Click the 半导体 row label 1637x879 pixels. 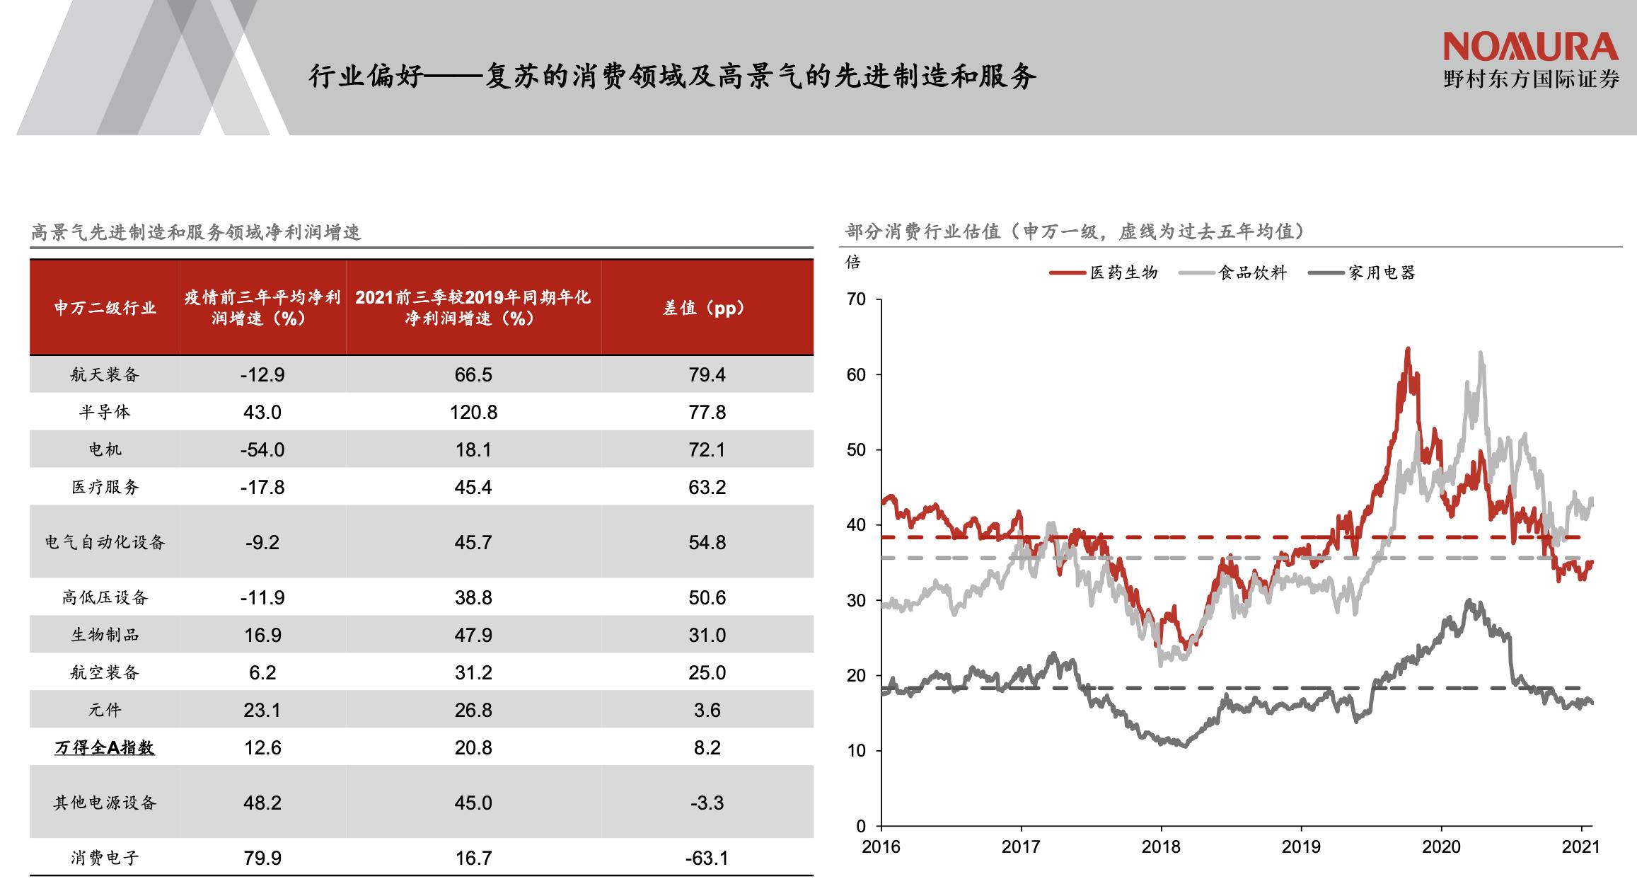pyautogui.click(x=105, y=412)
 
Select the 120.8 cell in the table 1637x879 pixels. pyautogui.click(x=473, y=412)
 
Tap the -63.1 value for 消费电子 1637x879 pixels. pyautogui.click(x=707, y=858)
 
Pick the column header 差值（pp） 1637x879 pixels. pyautogui.click(x=707, y=308)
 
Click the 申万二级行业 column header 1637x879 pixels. pyautogui.click(x=105, y=308)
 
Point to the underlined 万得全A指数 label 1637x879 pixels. pyautogui.click(x=105, y=747)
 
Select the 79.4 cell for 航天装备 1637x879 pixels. pyautogui.click(x=707, y=374)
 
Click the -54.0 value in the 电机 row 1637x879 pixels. pyautogui.click(x=262, y=449)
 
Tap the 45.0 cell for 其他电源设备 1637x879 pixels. pyautogui.click(x=473, y=803)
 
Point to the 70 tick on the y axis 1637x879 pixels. pyautogui.click(x=856, y=299)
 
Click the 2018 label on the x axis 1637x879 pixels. pyautogui.click(x=1161, y=847)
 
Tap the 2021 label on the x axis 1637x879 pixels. pyautogui.click(x=1581, y=847)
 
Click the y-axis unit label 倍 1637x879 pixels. pyautogui.click(x=853, y=263)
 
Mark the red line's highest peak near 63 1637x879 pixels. pyautogui.click(x=1407, y=350)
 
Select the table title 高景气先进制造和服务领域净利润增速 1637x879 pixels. pyautogui.click(x=196, y=232)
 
